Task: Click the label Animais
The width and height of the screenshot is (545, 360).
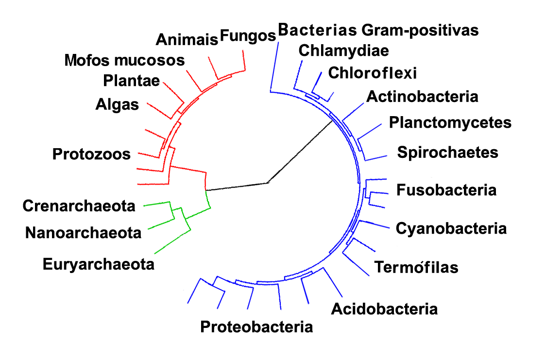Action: (x=187, y=39)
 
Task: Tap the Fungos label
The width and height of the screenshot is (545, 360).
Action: (x=248, y=35)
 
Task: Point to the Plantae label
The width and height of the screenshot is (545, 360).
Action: (x=132, y=81)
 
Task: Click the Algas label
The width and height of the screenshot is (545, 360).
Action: (x=117, y=104)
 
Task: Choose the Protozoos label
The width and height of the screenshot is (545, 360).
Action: (x=92, y=154)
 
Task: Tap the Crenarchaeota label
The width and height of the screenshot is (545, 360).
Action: (x=79, y=206)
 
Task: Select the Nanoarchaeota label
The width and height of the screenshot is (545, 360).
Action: (x=83, y=233)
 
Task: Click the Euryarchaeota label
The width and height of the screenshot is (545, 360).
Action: (x=99, y=265)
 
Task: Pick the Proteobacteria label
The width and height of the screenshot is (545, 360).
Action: (x=256, y=326)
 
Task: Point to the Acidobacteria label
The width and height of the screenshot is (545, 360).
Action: (x=384, y=309)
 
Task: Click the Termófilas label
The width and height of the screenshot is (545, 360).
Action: (x=416, y=267)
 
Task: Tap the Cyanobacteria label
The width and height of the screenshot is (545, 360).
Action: (x=451, y=228)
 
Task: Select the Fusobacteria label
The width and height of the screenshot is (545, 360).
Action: (x=446, y=189)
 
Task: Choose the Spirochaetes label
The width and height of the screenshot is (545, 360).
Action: (x=447, y=152)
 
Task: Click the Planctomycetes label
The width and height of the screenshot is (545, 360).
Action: (x=450, y=122)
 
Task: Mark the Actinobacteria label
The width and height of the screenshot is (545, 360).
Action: (x=422, y=96)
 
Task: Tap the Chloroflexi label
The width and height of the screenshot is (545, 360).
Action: (x=373, y=73)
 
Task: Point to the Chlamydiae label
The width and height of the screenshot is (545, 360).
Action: (x=343, y=50)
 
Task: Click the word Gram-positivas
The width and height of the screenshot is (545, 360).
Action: (x=421, y=30)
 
